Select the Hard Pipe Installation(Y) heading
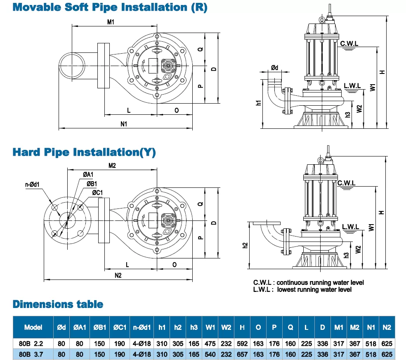click(84, 152)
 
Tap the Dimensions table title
click(58, 305)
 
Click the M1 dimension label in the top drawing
click(111, 22)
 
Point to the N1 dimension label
click(124, 124)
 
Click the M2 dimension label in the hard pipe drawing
click(112, 166)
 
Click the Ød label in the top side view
click(274, 68)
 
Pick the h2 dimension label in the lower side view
click(245, 245)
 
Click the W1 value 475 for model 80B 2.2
click(210, 343)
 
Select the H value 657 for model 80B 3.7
click(242, 354)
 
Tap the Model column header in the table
click(33, 327)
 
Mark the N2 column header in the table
click(387, 327)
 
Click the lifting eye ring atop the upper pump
click(321, 19)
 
